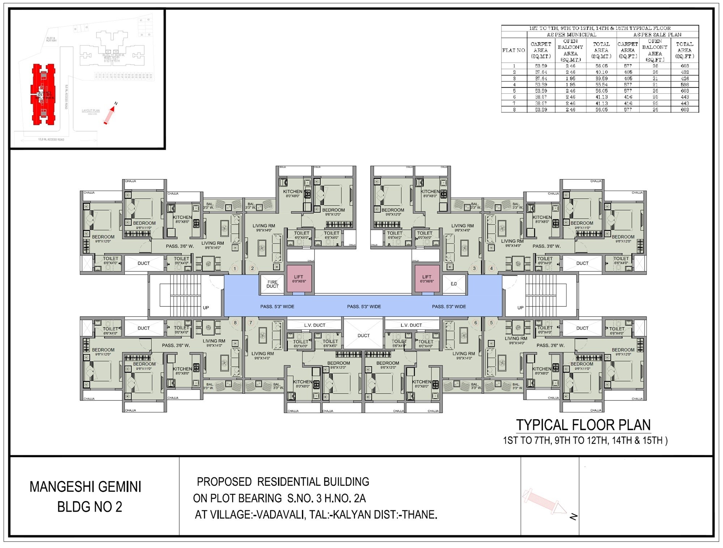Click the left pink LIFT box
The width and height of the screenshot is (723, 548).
click(299, 279)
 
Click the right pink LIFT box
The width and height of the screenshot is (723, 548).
click(427, 279)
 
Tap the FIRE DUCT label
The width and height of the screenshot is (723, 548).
click(273, 284)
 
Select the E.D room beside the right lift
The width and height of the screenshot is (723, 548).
click(454, 284)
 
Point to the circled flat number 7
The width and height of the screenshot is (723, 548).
click(251, 323)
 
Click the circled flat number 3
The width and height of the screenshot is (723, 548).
click(474, 268)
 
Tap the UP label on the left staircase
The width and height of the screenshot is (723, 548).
click(206, 308)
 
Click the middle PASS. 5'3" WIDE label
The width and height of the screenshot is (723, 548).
click(364, 307)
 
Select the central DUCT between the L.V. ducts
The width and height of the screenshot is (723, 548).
click(363, 335)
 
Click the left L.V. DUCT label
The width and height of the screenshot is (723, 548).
click(315, 325)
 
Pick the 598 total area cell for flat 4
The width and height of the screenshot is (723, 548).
click(685, 85)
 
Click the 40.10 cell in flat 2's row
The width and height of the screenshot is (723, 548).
click(602, 72)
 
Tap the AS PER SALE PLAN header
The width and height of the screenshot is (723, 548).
click(657, 35)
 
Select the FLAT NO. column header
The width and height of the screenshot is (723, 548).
click(514, 50)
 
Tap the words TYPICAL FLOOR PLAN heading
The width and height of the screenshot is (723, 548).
click(583, 425)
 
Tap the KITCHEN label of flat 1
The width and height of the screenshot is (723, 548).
click(182, 217)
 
